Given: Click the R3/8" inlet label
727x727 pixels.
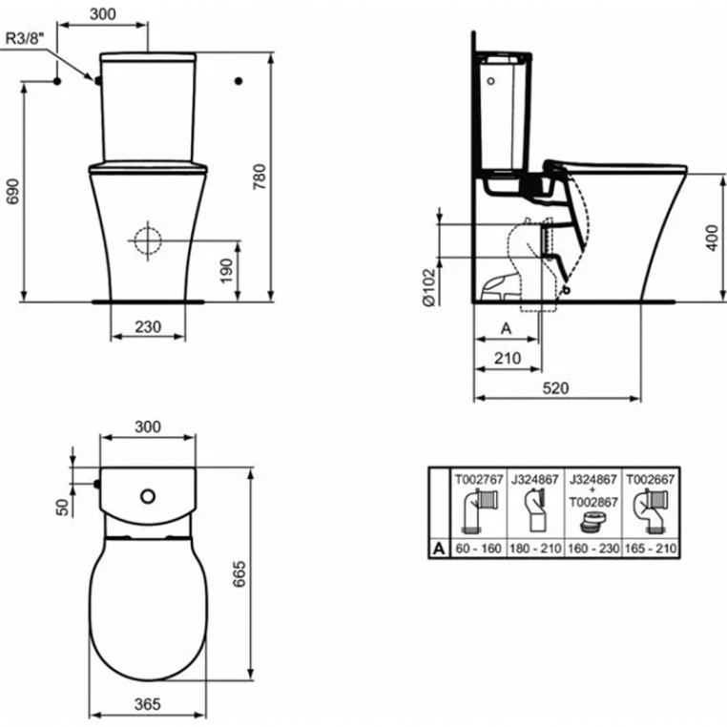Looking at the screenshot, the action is coord(26,39).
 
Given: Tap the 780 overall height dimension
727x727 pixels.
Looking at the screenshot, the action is coord(260,177).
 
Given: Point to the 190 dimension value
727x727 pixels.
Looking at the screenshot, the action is coord(226,271).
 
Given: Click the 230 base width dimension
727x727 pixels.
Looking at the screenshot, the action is coord(148,327).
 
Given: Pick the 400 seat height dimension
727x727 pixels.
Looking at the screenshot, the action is coord(713,238).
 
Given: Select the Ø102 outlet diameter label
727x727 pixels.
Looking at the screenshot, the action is coord(429,287).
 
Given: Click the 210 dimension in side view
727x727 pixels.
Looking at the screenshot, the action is coord(508,358).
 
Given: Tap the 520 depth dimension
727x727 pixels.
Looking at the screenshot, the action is coord(555,387).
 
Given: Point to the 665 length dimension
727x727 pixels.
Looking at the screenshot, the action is coord(239,574).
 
